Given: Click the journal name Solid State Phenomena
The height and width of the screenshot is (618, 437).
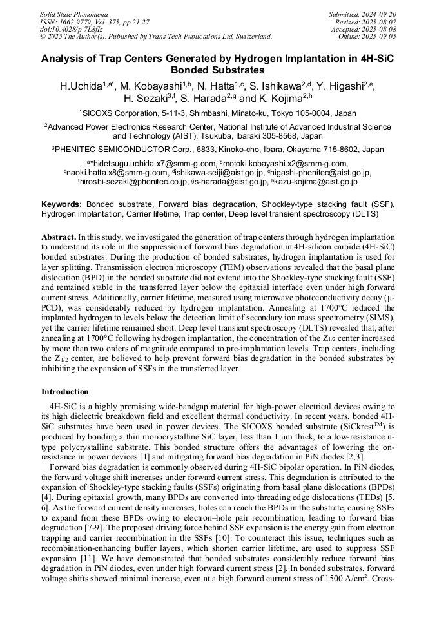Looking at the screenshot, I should point(73,14).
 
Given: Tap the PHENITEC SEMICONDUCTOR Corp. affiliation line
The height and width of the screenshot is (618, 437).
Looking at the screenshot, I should point(218,149).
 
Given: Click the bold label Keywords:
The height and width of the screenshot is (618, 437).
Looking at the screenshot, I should point(62,204).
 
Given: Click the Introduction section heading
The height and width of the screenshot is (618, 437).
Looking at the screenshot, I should point(65,391).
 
